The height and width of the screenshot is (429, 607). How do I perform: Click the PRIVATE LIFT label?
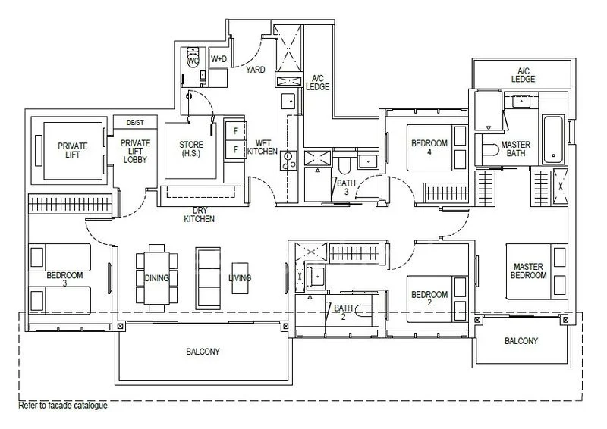[x=73, y=151]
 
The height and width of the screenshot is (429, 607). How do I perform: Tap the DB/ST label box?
[x=134, y=122]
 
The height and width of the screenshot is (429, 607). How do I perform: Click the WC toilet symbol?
[x=193, y=59]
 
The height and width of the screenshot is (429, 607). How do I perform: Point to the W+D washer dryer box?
[x=219, y=58]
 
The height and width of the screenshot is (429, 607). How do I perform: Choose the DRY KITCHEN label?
[x=200, y=214]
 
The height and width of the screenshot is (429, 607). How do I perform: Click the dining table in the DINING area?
[x=157, y=277]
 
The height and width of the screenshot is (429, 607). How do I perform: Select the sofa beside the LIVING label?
[x=206, y=277]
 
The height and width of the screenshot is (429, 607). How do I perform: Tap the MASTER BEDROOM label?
[x=530, y=271]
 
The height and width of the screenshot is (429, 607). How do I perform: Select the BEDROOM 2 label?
[x=429, y=299]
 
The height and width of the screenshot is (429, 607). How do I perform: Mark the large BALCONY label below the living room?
[x=203, y=352]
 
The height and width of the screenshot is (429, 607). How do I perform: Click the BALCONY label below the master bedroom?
[x=521, y=341]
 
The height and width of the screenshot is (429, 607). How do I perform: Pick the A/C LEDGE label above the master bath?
[x=523, y=74]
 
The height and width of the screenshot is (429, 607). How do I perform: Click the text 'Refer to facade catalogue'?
[x=63, y=406]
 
